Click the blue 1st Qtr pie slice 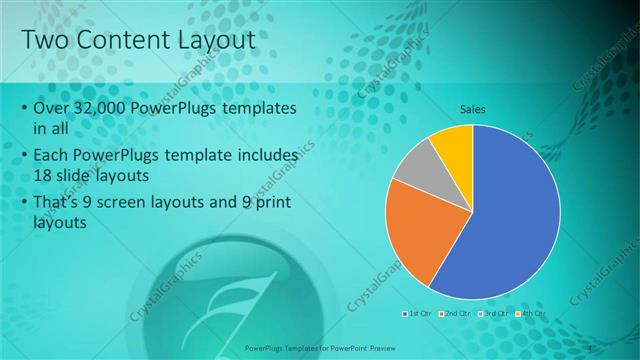pos(510,220)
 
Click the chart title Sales pos(472,109)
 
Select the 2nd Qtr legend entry pos(457,313)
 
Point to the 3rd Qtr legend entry pos(497,313)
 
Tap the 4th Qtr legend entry pos(535,313)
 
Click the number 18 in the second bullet pos(44,174)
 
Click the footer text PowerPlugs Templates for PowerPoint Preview pos(320,349)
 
